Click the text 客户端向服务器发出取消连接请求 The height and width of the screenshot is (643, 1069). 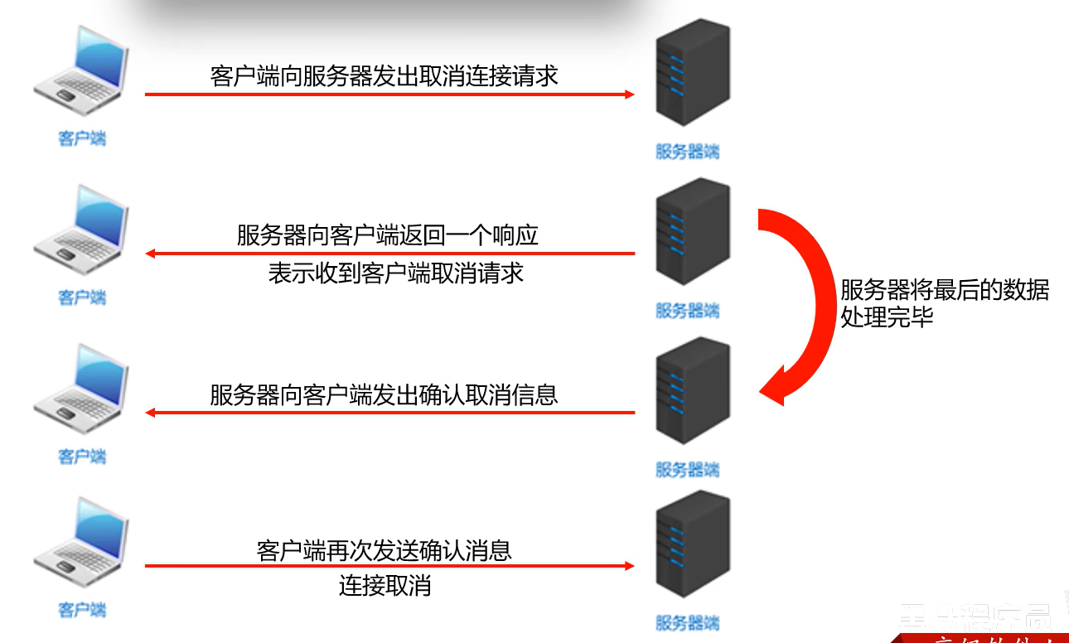point(385,76)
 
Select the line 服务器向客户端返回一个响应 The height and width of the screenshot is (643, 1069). point(388,235)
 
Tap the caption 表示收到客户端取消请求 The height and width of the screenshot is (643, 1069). point(396,273)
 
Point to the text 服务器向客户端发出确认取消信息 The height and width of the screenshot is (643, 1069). point(384,394)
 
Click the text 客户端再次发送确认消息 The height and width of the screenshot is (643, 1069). point(385,550)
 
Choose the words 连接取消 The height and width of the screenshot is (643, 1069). point(385,586)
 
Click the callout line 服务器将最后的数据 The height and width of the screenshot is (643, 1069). point(945,290)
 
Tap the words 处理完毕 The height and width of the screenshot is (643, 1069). point(887,317)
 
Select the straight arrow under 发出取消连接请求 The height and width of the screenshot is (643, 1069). point(389,94)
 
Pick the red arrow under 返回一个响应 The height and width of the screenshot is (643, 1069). point(389,254)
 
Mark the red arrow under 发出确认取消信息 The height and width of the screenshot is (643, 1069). point(389,413)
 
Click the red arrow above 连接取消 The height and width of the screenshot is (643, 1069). point(389,566)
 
